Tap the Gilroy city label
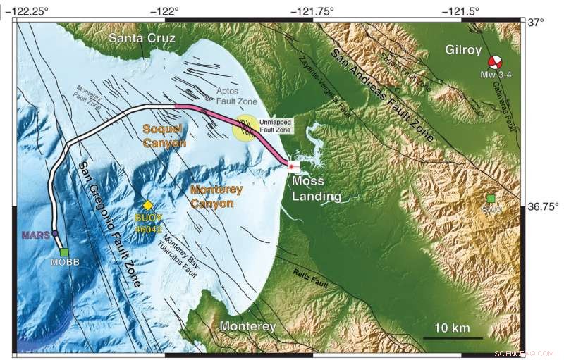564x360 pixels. point(463,49)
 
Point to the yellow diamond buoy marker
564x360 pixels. point(148,205)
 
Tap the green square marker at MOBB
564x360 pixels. point(64,252)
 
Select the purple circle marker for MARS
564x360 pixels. point(55,235)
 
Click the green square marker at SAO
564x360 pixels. point(491,199)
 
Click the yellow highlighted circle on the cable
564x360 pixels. point(246,127)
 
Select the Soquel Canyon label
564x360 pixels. point(164,135)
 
